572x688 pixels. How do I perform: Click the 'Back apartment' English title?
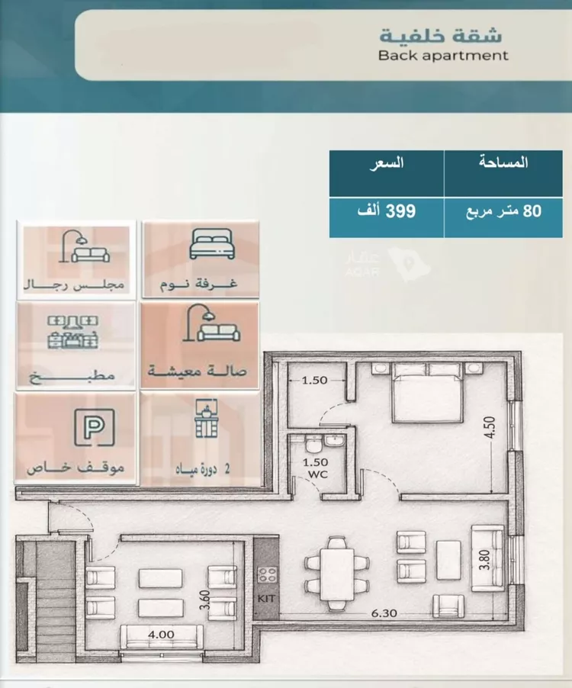(443, 55)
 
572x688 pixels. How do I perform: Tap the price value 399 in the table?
(400, 211)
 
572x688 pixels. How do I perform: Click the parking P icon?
(95, 427)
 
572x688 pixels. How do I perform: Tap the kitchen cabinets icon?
(72, 332)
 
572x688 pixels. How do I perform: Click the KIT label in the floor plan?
(266, 599)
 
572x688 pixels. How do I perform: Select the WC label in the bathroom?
(317, 474)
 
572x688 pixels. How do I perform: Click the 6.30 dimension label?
(384, 613)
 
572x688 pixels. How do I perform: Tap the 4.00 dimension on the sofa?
(161, 634)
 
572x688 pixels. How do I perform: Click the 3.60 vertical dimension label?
(204, 600)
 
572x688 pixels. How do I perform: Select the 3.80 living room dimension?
(484, 560)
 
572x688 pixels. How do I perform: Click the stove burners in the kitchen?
(267, 574)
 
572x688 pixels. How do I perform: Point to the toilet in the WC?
(313, 445)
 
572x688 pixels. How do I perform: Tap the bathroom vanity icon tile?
(200, 438)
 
